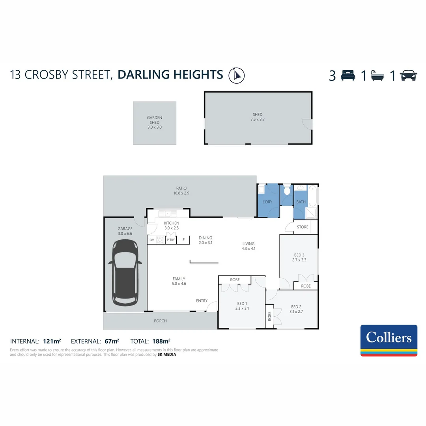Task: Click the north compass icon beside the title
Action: click(x=237, y=75)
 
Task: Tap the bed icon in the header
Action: click(x=348, y=75)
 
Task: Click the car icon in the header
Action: click(x=409, y=75)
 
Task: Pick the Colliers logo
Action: click(x=389, y=340)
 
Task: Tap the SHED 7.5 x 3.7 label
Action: click(x=258, y=117)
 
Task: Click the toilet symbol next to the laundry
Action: click(x=287, y=191)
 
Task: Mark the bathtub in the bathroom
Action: click(x=313, y=196)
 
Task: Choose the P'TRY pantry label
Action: click(x=171, y=240)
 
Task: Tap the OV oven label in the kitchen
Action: click(x=152, y=240)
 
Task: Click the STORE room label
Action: click(x=303, y=227)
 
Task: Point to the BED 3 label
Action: click(x=299, y=255)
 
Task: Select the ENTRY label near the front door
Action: click(x=202, y=301)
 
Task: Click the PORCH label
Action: click(x=160, y=321)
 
